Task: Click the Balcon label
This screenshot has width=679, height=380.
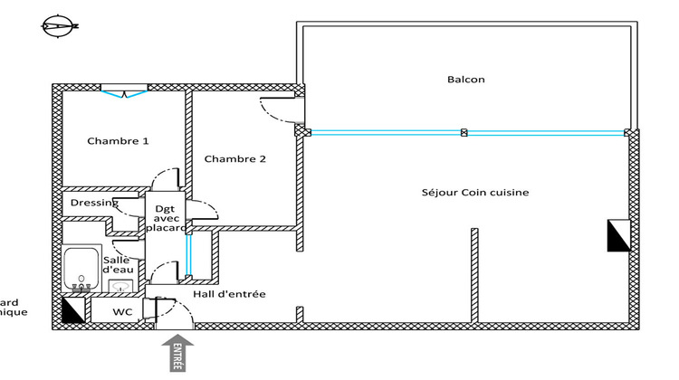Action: [466, 80]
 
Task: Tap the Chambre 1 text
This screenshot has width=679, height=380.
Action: [118, 141]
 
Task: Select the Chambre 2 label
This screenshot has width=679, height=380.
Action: [234, 160]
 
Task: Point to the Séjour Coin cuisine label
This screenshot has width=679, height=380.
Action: [474, 193]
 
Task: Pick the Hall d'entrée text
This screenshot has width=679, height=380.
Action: [234, 294]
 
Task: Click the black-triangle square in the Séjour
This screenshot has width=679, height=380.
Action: [618, 236]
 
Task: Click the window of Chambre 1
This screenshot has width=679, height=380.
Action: [123, 89]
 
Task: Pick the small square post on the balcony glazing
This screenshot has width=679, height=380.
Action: [464, 132]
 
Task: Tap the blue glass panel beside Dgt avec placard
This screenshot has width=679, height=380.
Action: [188, 253]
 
